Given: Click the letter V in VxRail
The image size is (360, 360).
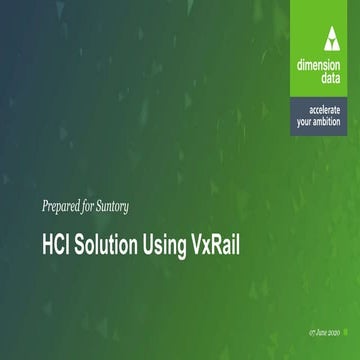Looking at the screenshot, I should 202,243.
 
